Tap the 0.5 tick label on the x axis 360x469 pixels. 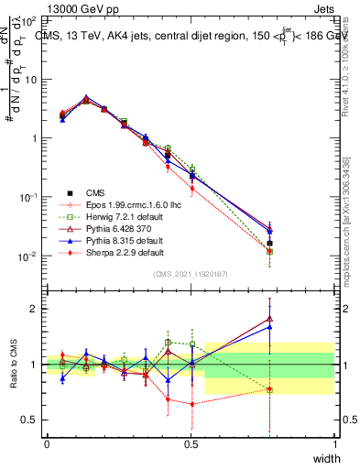pyautogui.click(x=191, y=444)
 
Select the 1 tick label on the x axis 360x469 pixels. pyautogui.click(x=334, y=444)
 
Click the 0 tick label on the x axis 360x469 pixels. pyautogui.click(x=47, y=444)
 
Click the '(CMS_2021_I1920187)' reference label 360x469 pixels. pyautogui.click(x=191, y=274)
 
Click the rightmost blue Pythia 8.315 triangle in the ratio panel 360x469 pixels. pyautogui.click(x=269, y=326)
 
